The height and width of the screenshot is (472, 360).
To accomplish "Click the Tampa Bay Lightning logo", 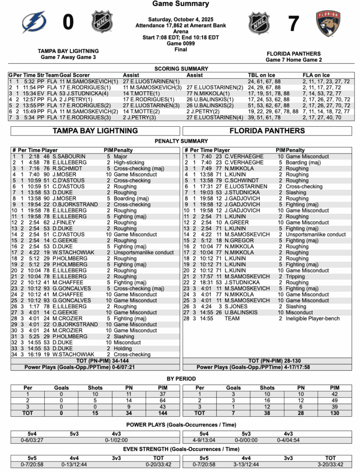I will [34, 22].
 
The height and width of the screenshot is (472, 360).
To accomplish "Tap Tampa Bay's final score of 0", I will [68, 22].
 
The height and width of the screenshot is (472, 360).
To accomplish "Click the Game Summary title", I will [180, 4].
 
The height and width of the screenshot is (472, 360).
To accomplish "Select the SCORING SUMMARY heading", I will [180, 69].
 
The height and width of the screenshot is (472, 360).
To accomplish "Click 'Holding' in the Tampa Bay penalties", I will [123, 348].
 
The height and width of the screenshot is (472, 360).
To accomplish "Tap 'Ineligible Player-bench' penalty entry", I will [313, 319].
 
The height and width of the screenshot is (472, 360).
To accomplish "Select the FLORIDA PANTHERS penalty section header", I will [267, 131].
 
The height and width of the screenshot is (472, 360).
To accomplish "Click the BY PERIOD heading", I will [180, 378].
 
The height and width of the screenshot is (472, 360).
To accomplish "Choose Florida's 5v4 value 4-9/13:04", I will [202, 440].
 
